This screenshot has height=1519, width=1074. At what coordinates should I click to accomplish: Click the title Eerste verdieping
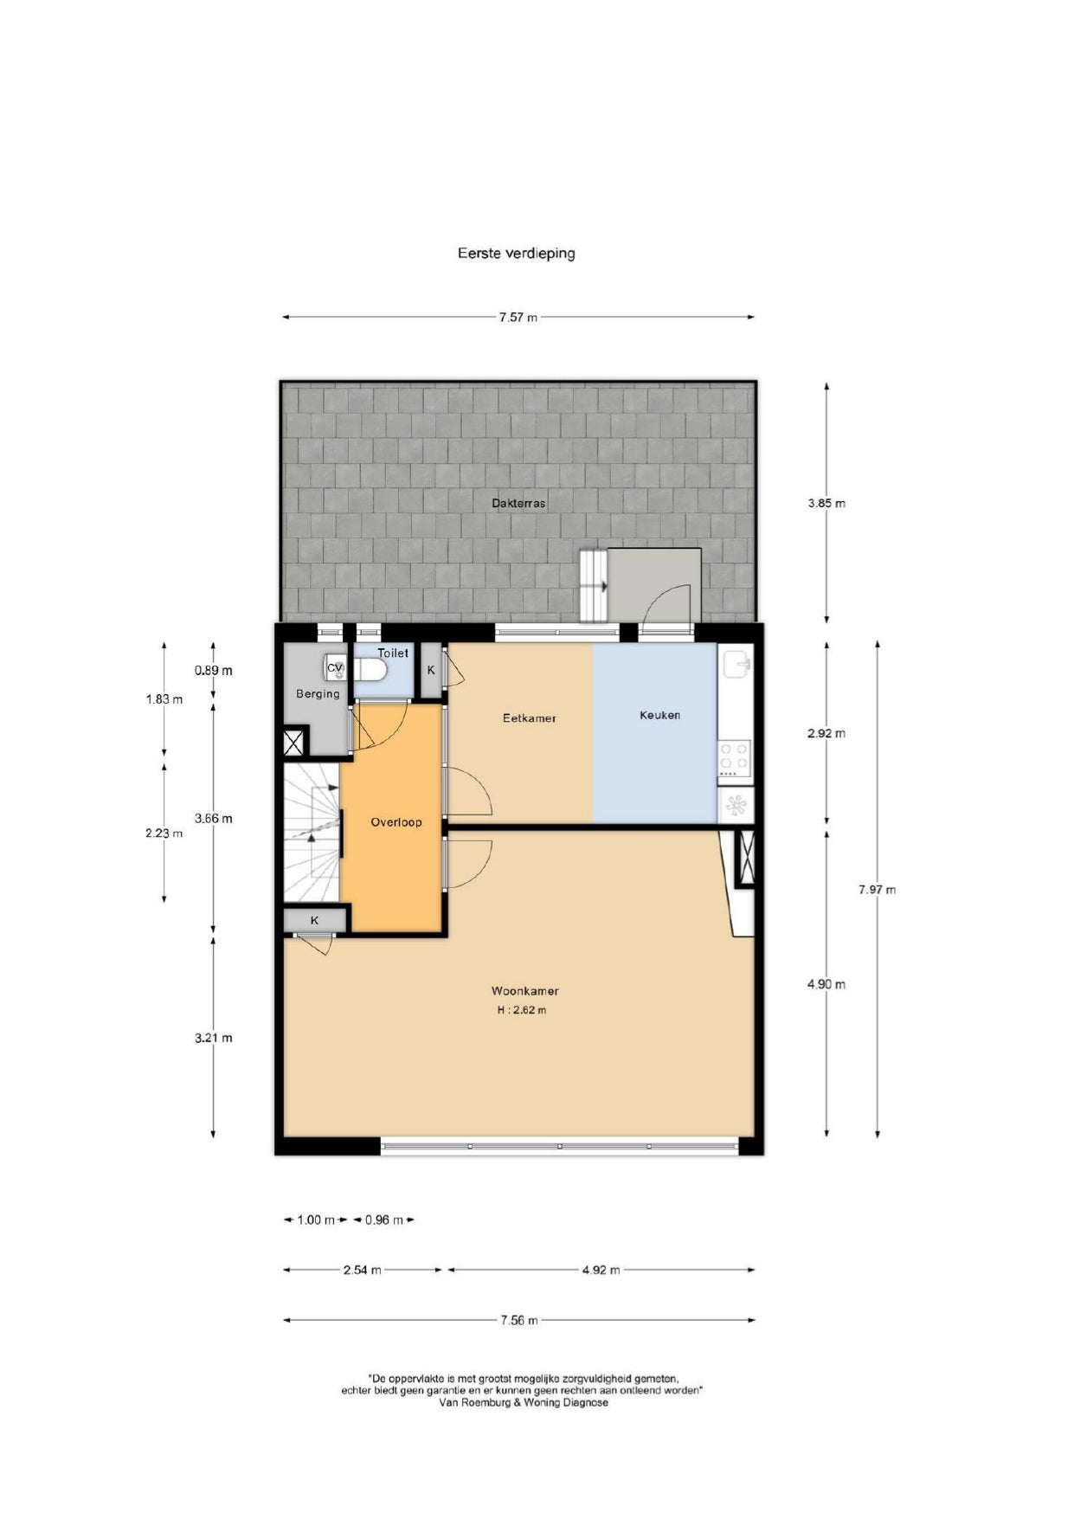(x=517, y=254)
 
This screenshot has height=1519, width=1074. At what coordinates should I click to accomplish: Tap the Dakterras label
(x=518, y=503)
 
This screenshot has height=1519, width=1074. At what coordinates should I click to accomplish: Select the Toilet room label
(x=393, y=653)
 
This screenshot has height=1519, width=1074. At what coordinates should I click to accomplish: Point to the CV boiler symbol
(x=335, y=668)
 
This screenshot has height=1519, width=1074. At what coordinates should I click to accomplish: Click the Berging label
(x=318, y=694)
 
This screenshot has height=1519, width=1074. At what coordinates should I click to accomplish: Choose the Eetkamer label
(x=530, y=718)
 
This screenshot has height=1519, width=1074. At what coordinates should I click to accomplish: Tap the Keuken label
(x=659, y=715)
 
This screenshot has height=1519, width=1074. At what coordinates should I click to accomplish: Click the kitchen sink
(x=736, y=665)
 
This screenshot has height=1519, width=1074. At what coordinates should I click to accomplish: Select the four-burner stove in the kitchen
(x=735, y=756)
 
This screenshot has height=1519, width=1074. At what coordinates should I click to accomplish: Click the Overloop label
(x=396, y=822)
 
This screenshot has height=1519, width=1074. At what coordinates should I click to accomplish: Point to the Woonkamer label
(x=525, y=991)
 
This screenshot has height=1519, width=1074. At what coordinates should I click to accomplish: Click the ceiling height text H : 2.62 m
(x=522, y=1010)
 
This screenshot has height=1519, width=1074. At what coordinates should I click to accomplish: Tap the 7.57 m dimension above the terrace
(x=518, y=318)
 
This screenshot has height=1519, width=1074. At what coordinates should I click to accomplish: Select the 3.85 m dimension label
(x=826, y=503)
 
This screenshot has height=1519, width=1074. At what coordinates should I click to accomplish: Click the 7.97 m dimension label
(x=878, y=889)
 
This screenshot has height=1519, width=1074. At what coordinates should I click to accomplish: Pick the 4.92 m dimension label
(x=601, y=1270)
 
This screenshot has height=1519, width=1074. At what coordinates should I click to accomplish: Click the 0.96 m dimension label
(x=384, y=1220)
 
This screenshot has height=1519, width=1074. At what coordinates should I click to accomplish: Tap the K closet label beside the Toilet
(x=431, y=670)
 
